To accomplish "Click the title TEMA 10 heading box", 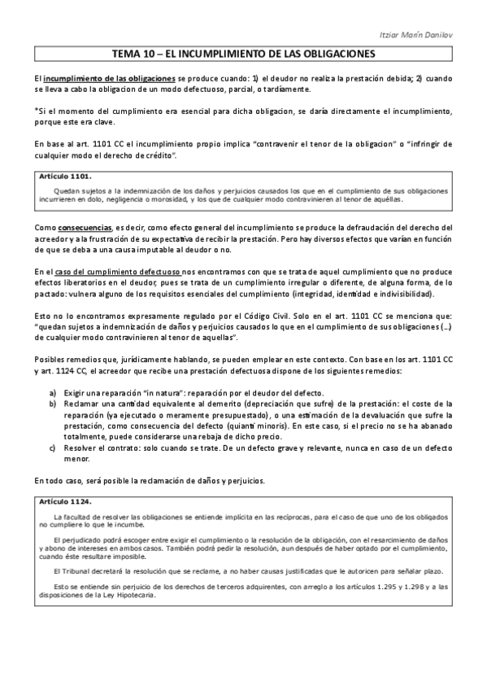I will (243, 55).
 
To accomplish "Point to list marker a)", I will (54, 391).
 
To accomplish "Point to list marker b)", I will (54, 403).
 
